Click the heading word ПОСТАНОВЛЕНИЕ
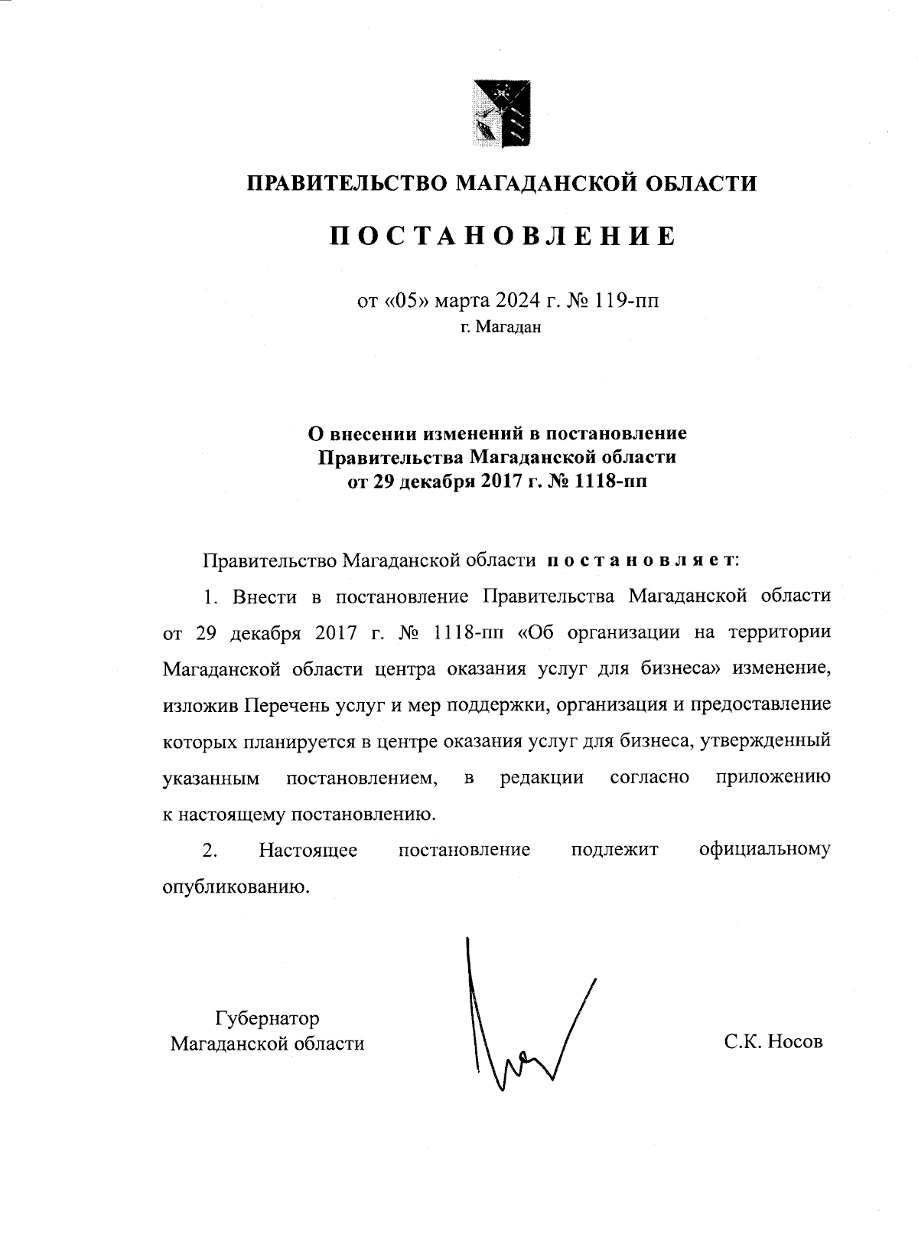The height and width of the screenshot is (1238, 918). [x=503, y=236]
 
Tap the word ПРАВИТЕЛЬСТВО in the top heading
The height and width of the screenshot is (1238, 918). [x=346, y=184]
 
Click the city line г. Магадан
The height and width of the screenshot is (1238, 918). [x=501, y=328]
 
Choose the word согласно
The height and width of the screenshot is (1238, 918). [x=649, y=778]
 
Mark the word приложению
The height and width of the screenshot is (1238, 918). [x=773, y=778]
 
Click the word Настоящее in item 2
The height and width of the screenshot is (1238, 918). [x=308, y=850]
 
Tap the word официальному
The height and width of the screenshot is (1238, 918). [x=764, y=850]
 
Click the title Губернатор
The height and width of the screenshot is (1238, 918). [x=267, y=1018]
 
